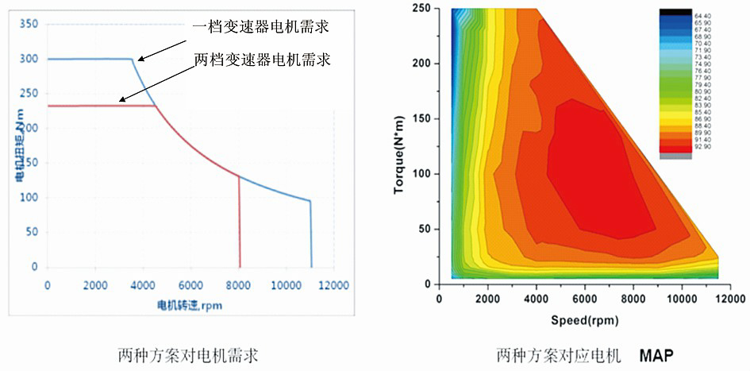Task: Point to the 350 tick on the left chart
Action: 29,25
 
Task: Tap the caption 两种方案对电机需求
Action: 187,353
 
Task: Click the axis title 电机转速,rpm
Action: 189,305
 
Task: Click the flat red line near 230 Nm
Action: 95,106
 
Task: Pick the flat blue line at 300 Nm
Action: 87,59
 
